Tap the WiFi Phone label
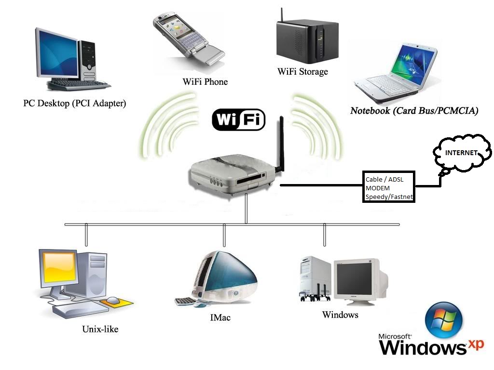tap(205, 82)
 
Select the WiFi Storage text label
tap(302, 72)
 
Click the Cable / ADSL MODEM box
tap(389, 187)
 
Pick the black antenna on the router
tap(279, 145)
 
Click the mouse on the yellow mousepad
tap(113, 300)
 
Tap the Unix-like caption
tap(100, 330)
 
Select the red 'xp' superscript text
tap(476, 345)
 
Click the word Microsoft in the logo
tap(395, 337)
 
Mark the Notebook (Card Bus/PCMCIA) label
tap(414, 111)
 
